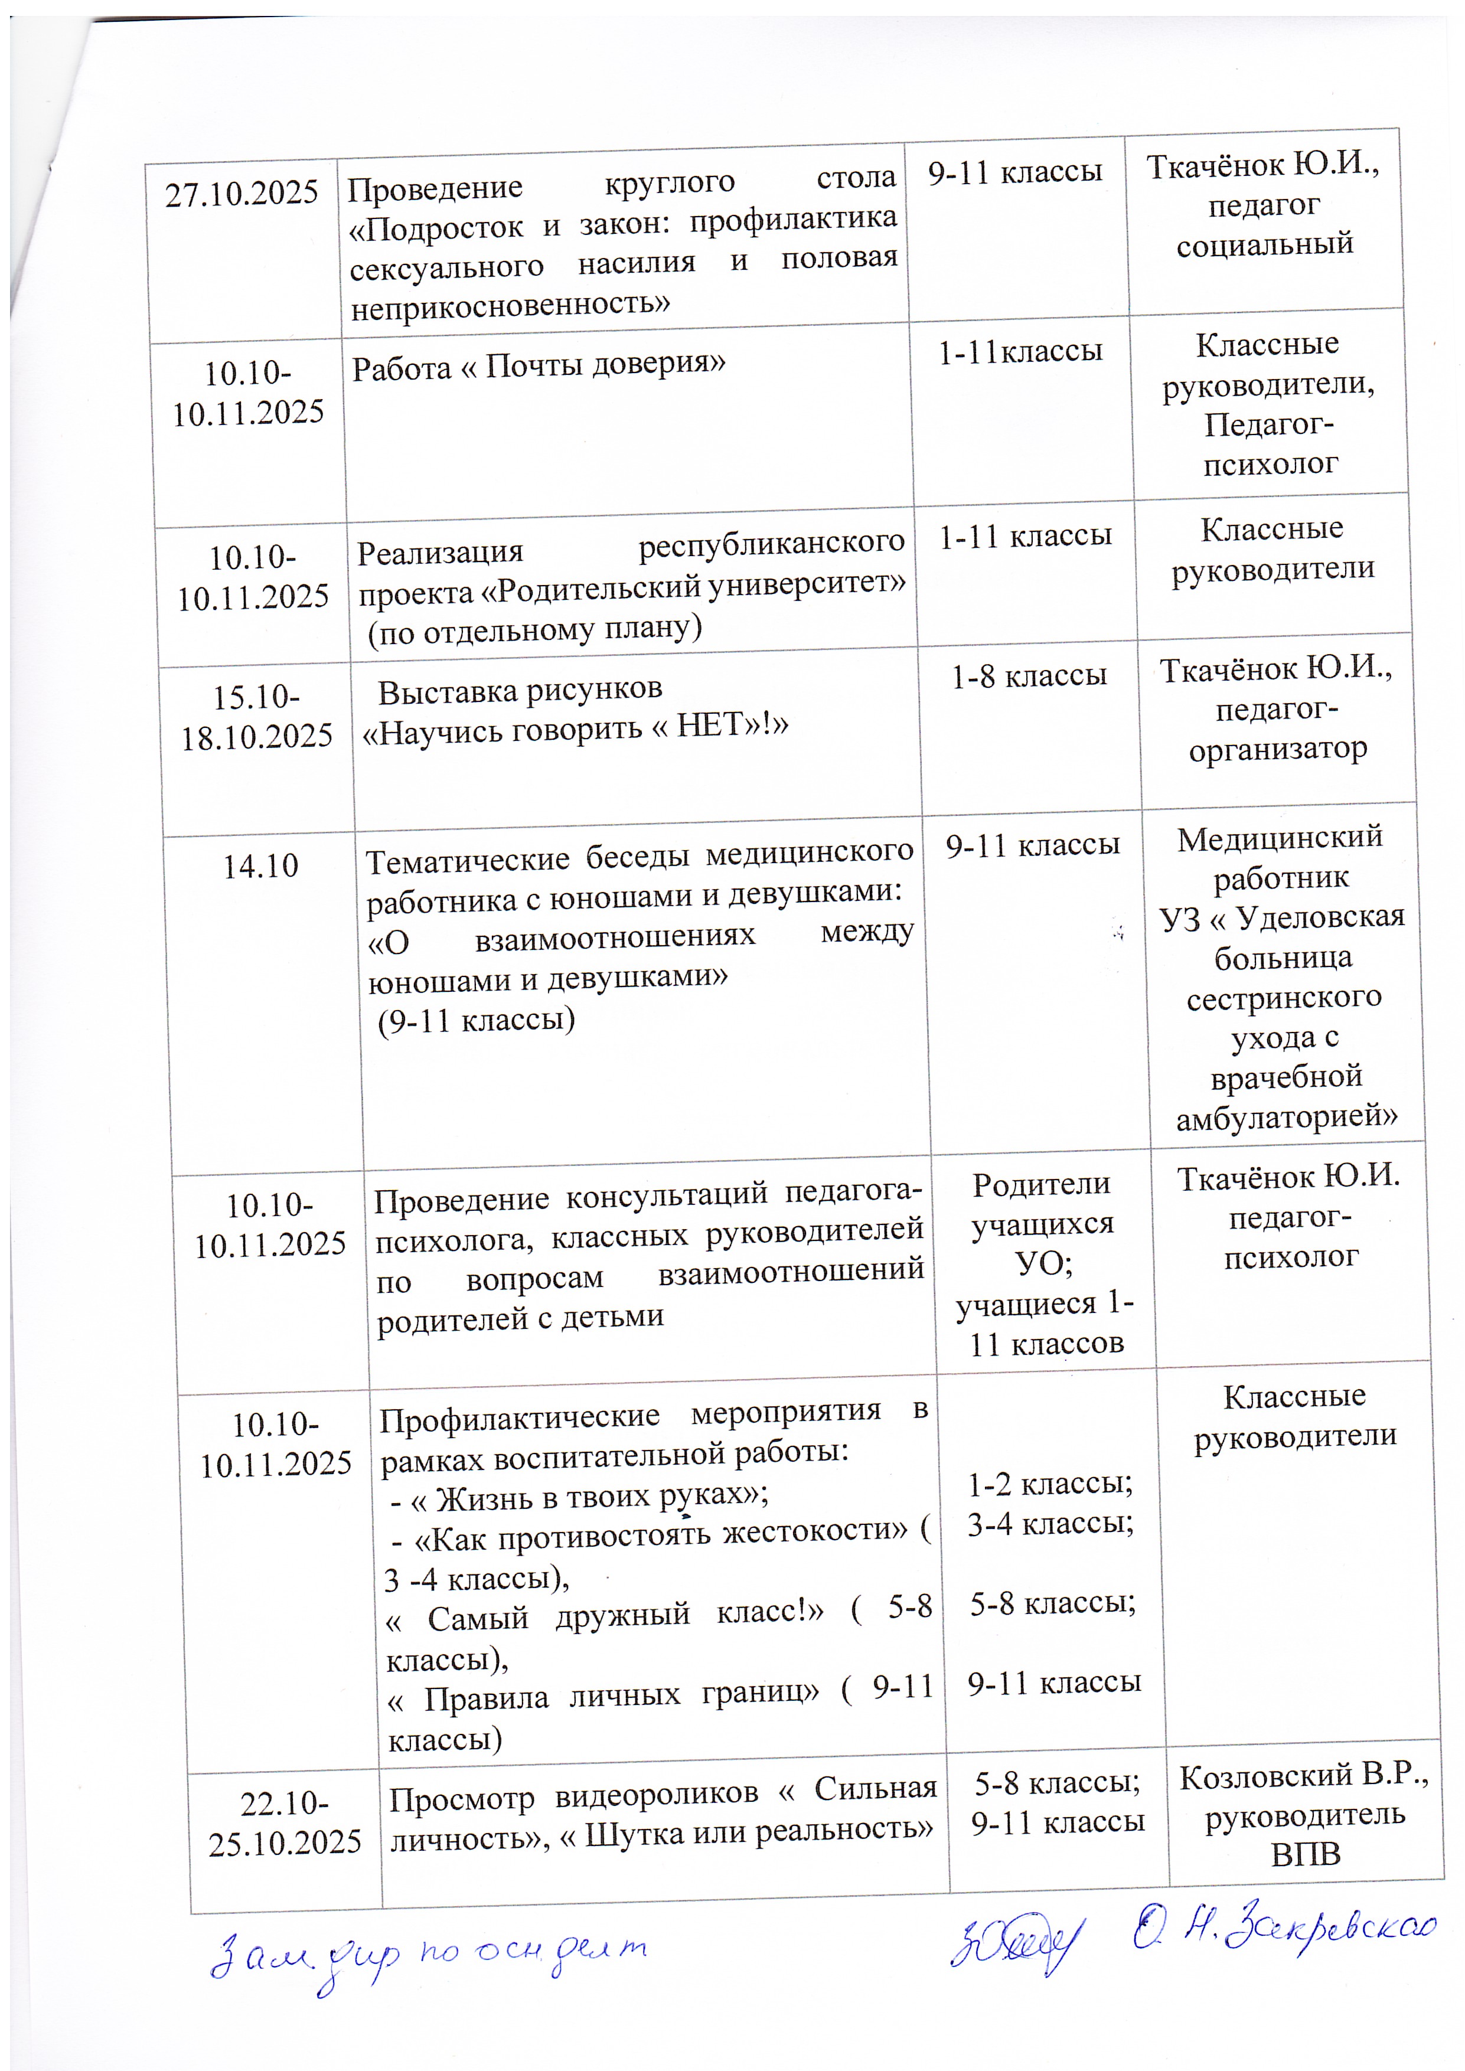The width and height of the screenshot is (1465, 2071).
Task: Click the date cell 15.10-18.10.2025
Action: (x=257, y=717)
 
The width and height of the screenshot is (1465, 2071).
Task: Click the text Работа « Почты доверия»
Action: (x=539, y=366)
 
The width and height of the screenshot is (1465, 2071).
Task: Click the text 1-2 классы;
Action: (x=1050, y=1484)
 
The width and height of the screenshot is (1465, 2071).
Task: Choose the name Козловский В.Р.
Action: (x=1304, y=1777)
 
